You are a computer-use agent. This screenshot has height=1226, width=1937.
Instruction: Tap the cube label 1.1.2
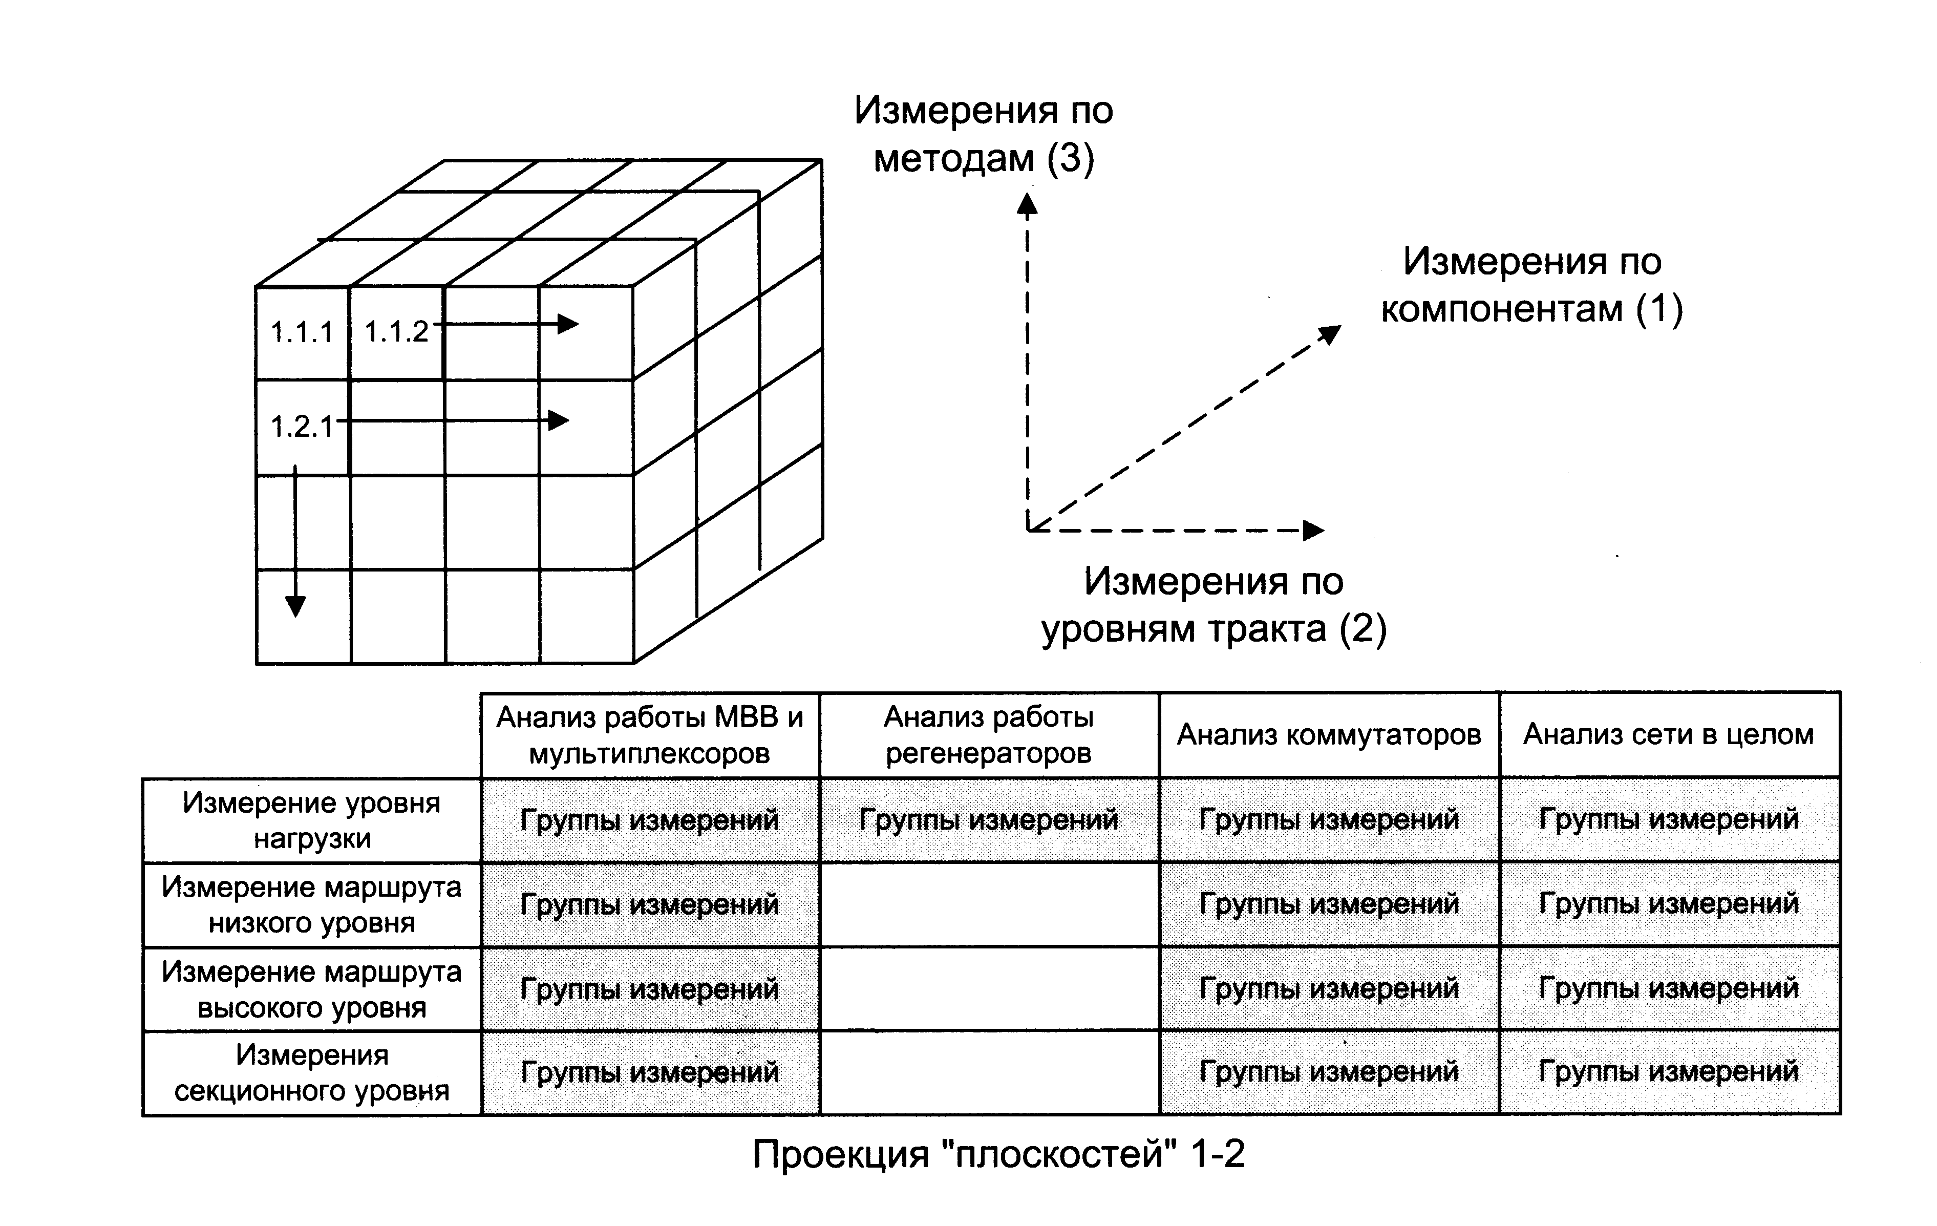397,331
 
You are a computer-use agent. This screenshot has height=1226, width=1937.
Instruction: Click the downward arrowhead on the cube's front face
295,606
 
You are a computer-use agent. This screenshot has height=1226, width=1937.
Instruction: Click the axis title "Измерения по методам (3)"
983,134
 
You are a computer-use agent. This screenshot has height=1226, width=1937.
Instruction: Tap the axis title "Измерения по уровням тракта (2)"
1214,604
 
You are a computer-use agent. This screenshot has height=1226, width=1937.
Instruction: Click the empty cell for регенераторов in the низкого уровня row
989,904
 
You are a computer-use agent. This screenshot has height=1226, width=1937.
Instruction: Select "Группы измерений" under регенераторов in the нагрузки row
989,820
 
